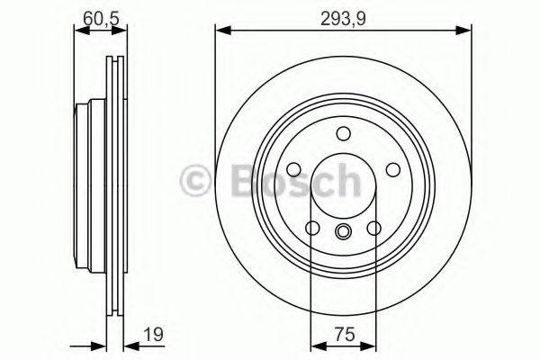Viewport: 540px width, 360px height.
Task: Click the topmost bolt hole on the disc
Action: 343,134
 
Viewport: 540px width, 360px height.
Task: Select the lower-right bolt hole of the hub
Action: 373,229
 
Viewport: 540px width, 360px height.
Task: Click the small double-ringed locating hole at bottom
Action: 343,233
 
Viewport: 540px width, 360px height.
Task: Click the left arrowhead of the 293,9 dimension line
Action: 220,31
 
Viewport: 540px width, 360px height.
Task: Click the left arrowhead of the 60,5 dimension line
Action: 78,31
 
